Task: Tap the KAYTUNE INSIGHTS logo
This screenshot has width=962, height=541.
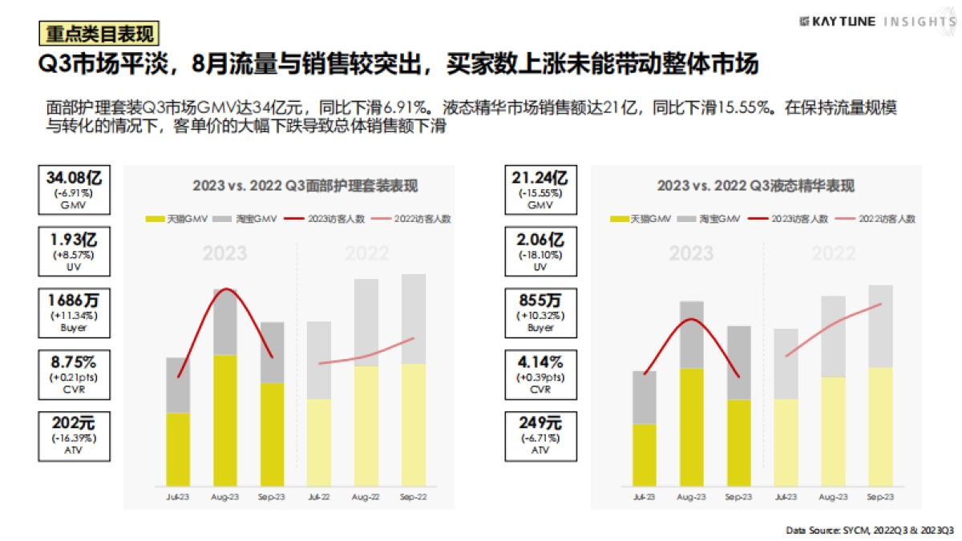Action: pos(877,22)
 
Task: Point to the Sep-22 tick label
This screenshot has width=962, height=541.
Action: pos(412,497)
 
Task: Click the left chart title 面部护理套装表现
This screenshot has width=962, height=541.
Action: pos(305,185)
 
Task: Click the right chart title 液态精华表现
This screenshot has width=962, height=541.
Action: pos(755,185)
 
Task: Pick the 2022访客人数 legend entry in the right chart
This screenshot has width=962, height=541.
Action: pos(879,219)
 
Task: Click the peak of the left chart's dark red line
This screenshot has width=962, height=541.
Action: pos(226,289)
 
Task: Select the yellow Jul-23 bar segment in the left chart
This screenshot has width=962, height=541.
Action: pos(177,449)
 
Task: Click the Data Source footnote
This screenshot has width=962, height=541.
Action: pos(869,531)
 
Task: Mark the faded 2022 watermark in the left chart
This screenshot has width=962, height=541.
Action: pos(366,254)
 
